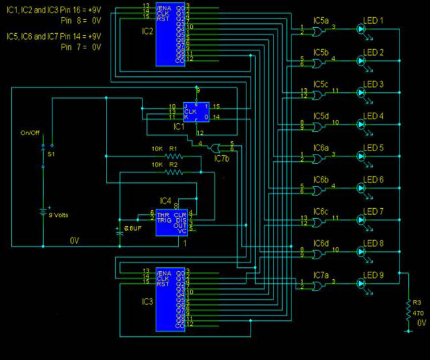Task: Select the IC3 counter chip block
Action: pos(171,300)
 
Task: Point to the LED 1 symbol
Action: pos(362,29)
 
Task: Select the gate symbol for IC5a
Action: pos(318,30)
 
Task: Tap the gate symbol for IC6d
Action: pos(318,253)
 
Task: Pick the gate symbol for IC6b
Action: pos(318,190)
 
